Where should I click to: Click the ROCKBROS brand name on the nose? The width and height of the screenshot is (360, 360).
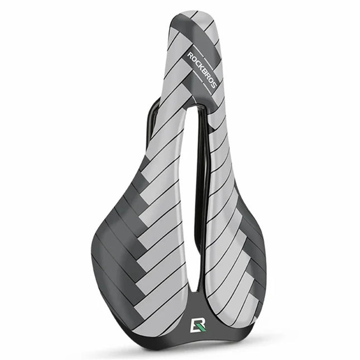[203, 68]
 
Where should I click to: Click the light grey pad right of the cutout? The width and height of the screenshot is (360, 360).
[223, 223]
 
